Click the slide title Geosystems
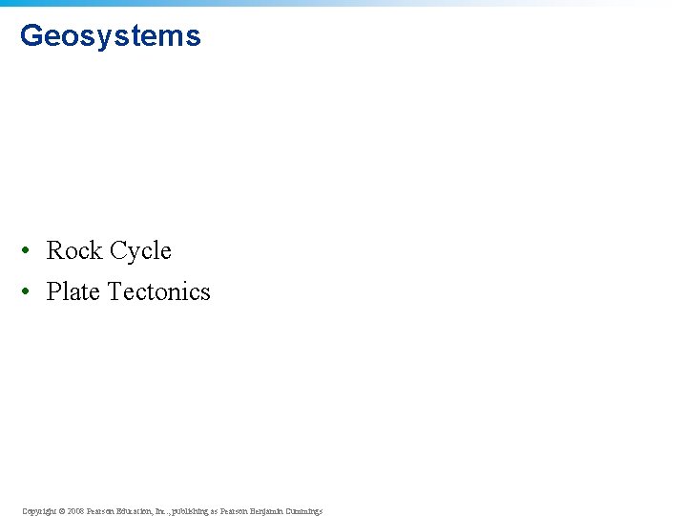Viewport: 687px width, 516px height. tap(110, 36)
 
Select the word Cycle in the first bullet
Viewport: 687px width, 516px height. tap(140, 251)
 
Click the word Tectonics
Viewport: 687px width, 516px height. tap(158, 291)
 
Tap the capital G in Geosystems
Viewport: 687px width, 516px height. tap(31, 36)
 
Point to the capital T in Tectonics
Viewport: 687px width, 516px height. tap(114, 291)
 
